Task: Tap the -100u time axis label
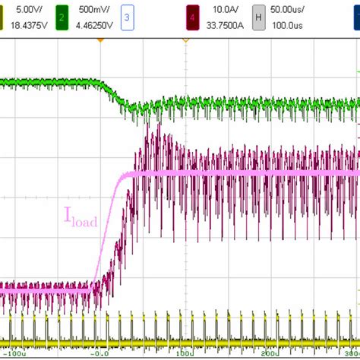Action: (16, 353)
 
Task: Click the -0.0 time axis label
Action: (99, 353)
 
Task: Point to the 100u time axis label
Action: (182, 353)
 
